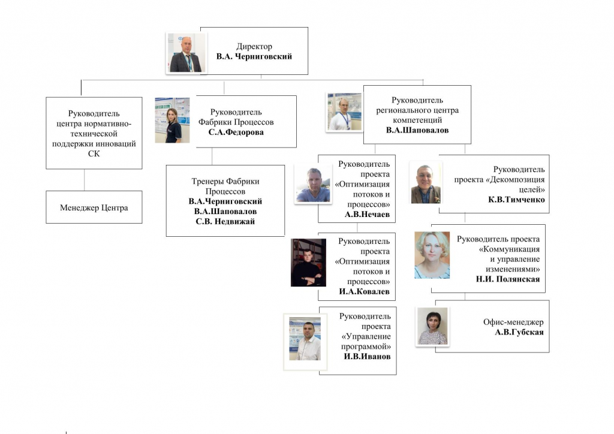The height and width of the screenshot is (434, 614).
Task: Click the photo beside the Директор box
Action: tap(186, 53)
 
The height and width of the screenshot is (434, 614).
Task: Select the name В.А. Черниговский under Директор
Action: tap(254, 56)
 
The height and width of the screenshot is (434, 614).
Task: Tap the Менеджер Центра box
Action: tap(94, 207)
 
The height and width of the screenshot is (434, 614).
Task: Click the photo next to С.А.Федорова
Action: tap(172, 120)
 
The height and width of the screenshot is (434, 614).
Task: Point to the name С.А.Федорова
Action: tap(236, 132)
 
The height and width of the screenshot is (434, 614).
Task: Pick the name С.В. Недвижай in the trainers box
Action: tap(225, 222)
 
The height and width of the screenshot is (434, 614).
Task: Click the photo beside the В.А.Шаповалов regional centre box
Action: tap(344, 112)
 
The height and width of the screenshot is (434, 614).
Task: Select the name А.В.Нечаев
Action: tap(368, 215)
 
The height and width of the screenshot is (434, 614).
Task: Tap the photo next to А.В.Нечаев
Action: tap(313, 184)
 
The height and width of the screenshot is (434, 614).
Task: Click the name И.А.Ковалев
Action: tap(364, 291)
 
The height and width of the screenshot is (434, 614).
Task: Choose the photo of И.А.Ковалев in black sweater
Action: tap(309, 263)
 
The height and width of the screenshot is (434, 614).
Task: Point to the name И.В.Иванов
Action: tap(368, 357)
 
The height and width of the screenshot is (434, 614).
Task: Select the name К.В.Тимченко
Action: tap(516, 200)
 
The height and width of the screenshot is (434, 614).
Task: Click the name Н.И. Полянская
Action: tap(508, 279)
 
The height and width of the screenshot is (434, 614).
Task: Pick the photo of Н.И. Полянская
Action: tap(432, 255)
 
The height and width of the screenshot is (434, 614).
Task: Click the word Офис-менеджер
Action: tap(513, 322)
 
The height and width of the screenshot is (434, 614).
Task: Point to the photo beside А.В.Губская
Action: tap(432, 326)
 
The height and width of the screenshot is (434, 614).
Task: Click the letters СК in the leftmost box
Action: tap(94, 154)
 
